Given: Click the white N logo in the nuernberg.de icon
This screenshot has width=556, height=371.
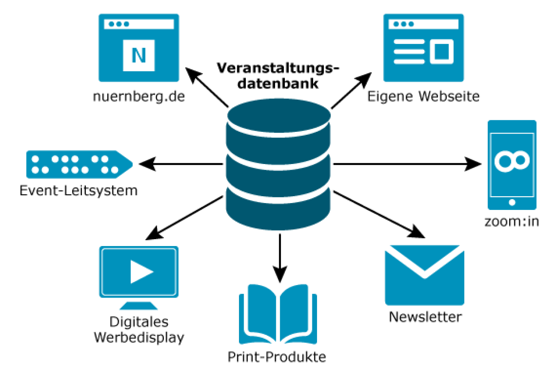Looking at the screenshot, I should click(x=138, y=55).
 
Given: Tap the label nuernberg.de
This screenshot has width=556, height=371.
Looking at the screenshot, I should click(x=139, y=97).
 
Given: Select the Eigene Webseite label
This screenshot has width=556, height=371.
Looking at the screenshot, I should click(x=423, y=96).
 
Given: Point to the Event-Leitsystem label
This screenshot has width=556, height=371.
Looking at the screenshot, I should click(x=79, y=190).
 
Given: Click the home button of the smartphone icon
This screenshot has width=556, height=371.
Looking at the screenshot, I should click(x=511, y=202).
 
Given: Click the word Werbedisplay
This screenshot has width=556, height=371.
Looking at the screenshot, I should click(x=139, y=337).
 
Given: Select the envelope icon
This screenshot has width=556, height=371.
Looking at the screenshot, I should click(x=424, y=275).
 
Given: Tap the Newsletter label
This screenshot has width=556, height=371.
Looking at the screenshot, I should click(x=425, y=317).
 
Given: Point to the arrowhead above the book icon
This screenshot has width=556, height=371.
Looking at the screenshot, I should click(x=279, y=272).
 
